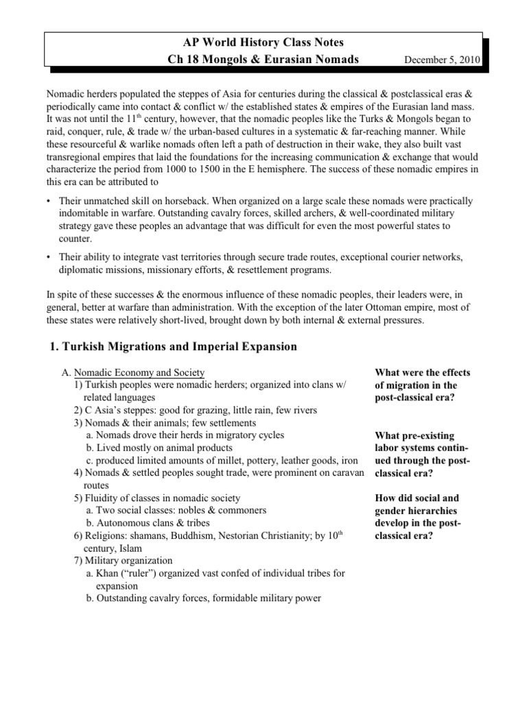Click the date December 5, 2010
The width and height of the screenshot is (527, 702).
pos(443,60)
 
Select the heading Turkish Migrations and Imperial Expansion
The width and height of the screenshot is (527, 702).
pos(174,346)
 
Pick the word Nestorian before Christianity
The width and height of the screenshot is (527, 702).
pos(240,536)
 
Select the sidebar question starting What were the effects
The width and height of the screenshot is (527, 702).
pos(422,385)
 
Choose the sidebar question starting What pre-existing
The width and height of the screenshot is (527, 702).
pos(422,454)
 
